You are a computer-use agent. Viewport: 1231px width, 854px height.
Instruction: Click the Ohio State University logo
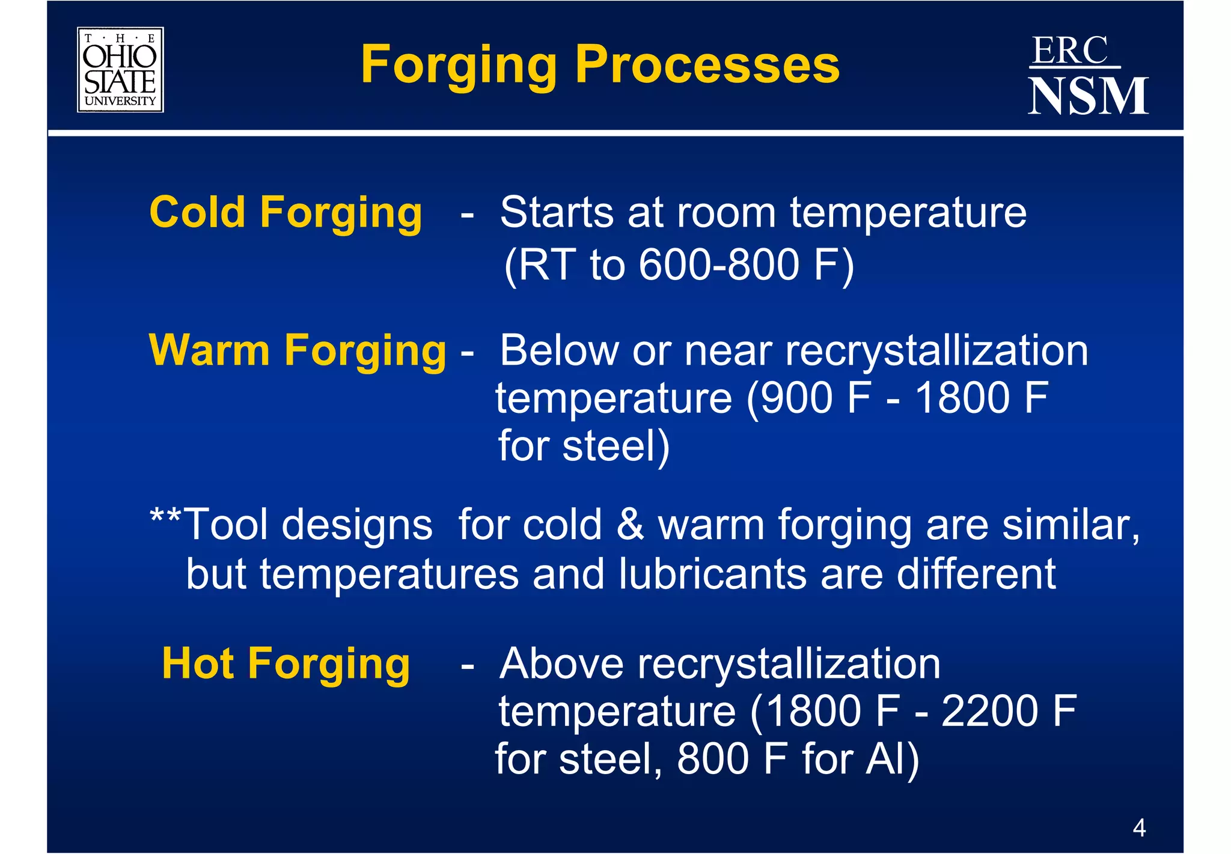(120, 70)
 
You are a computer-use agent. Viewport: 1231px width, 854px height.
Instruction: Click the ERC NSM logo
(1087, 76)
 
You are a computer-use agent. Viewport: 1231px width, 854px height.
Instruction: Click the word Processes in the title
(707, 65)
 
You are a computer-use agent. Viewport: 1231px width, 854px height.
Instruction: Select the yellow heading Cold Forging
(286, 213)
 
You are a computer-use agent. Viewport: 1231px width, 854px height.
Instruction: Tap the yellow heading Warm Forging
(297, 351)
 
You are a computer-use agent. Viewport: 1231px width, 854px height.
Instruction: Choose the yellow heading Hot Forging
(286, 665)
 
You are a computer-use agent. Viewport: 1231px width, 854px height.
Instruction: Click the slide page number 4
(1139, 828)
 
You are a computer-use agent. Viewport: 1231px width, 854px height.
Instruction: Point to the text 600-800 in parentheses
(719, 264)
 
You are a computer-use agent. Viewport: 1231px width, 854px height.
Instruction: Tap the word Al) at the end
(892, 760)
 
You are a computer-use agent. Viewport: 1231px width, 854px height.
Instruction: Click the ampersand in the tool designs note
(630, 525)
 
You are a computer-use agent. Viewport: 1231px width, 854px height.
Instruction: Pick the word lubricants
(712, 574)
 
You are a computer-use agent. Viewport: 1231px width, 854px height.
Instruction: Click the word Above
(561, 665)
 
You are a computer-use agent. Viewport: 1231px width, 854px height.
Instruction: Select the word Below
(559, 351)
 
